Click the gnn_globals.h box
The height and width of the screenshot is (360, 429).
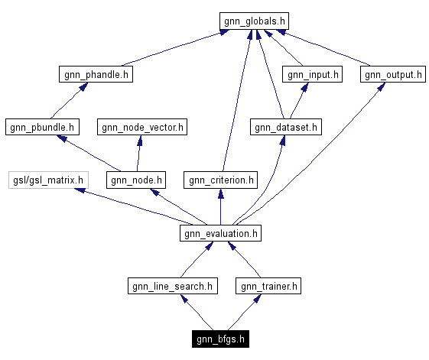[x=255, y=21]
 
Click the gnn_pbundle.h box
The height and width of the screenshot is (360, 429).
[x=42, y=127]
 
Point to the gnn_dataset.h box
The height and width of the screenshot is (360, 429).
[x=286, y=127]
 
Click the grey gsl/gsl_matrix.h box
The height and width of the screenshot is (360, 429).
[x=48, y=180]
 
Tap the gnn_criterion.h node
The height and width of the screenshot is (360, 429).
[x=220, y=180]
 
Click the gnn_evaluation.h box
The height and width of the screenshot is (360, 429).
[x=221, y=233]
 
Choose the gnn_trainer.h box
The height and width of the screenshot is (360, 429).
[x=268, y=287]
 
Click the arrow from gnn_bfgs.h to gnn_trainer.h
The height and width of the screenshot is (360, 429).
[x=245, y=313]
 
